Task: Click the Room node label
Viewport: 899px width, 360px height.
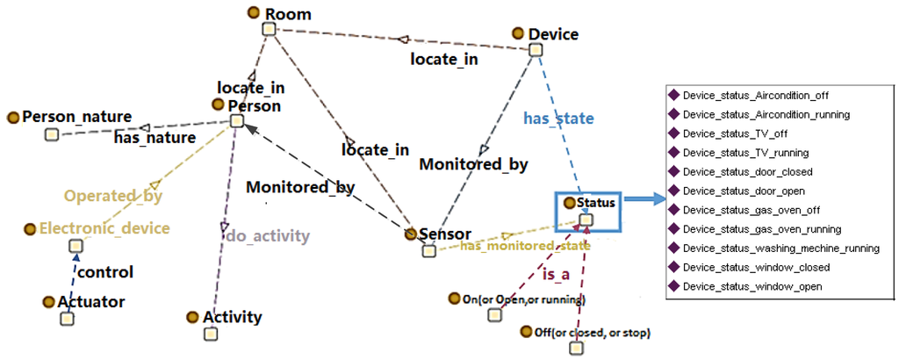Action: pyautogui.click(x=288, y=14)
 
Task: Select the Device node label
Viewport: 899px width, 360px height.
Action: pyautogui.click(x=553, y=35)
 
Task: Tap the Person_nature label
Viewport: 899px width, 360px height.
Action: pyautogui.click(x=76, y=117)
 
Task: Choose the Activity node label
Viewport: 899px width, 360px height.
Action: pyautogui.click(x=232, y=317)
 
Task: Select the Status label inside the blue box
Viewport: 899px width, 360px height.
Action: pyautogui.click(x=597, y=203)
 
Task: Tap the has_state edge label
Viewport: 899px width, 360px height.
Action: pyautogui.click(x=559, y=118)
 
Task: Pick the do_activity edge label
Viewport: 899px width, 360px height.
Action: pyautogui.click(x=268, y=235)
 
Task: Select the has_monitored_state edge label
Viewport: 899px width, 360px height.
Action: pyautogui.click(x=525, y=246)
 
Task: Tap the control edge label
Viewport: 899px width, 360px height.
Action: pyautogui.click(x=104, y=272)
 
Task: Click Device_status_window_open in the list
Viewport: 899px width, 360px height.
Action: pyautogui.click(x=752, y=286)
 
